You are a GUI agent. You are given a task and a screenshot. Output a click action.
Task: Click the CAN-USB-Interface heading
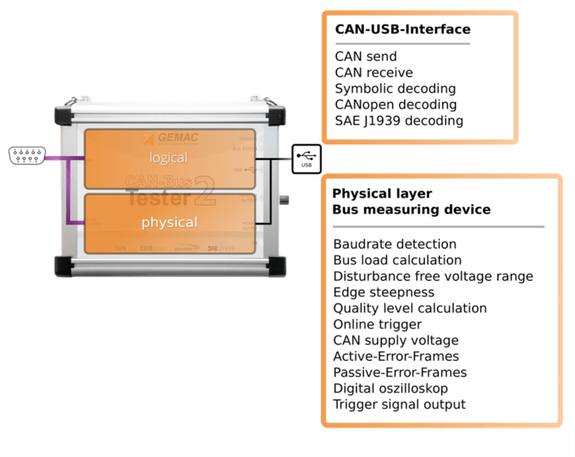(x=402, y=29)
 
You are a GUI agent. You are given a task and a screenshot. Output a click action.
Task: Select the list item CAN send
(x=365, y=56)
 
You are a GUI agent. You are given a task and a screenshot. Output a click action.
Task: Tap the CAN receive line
(x=374, y=73)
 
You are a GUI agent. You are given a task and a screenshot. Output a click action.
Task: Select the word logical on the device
(x=169, y=157)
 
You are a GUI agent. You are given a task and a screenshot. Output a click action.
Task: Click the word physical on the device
(x=169, y=222)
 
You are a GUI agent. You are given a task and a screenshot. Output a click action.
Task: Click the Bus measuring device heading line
(x=411, y=210)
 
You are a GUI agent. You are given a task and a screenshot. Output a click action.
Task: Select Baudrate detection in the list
(x=395, y=244)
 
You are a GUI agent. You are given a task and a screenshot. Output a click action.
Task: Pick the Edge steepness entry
(x=383, y=292)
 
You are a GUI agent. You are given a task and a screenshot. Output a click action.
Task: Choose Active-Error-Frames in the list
(x=396, y=356)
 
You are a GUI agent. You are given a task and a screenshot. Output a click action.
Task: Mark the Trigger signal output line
(x=399, y=404)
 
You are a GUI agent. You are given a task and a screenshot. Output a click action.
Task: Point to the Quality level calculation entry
(x=409, y=308)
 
